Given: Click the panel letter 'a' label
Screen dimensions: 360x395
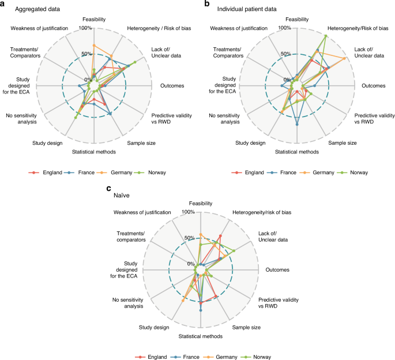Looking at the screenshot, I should [3, 4].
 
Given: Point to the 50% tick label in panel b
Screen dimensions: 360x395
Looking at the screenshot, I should [285, 54].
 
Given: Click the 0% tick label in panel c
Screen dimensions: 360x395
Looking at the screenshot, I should [191, 264].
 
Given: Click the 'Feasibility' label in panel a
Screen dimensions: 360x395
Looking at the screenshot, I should [94, 20].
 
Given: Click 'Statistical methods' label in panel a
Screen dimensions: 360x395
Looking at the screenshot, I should [94, 152].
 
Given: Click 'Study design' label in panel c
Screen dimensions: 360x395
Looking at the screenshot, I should [154, 327].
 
